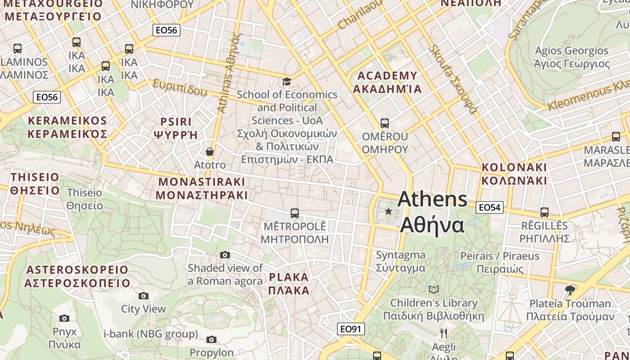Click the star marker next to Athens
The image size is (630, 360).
(388, 211)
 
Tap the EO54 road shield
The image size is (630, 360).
(489, 207)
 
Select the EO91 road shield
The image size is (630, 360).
(351, 329)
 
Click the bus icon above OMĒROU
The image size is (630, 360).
(384, 123)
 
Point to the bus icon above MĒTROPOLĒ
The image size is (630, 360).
(295, 213)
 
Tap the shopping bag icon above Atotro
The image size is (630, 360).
(209, 152)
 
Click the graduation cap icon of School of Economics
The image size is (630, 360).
(287, 81)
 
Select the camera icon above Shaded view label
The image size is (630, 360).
(225, 255)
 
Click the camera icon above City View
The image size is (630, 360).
(144, 296)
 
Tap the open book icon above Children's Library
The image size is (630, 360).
(434, 289)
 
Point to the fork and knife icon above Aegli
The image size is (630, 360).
(444, 333)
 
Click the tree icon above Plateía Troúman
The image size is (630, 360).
(570, 290)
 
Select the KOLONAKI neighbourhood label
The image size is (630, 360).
(514, 167)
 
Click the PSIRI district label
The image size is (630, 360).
(176, 122)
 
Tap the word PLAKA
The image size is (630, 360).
(289, 277)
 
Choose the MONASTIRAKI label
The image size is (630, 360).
(202, 182)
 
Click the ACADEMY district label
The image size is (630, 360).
(387, 76)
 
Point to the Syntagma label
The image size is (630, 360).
(400, 255)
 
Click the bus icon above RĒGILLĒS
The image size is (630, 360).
(544, 212)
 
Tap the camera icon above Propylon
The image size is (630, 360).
(211, 339)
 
